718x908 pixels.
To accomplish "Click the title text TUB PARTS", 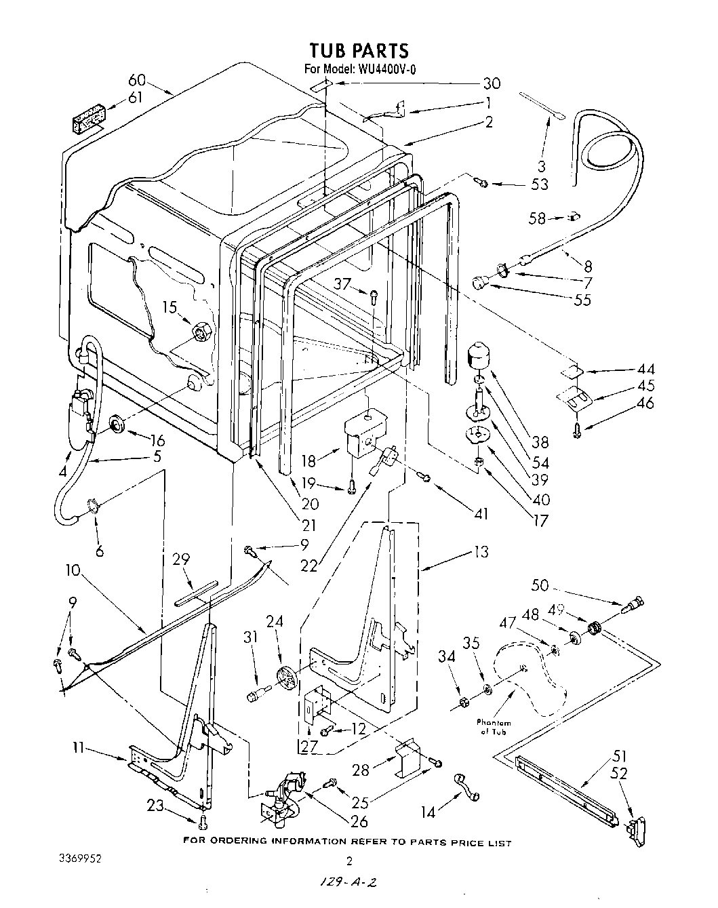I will [x=359, y=50].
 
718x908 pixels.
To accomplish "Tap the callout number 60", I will [x=138, y=81].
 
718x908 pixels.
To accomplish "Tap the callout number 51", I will [x=620, y=755].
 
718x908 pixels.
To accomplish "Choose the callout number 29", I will [x=181, y=559].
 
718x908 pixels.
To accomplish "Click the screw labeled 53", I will [x=481, y=182].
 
